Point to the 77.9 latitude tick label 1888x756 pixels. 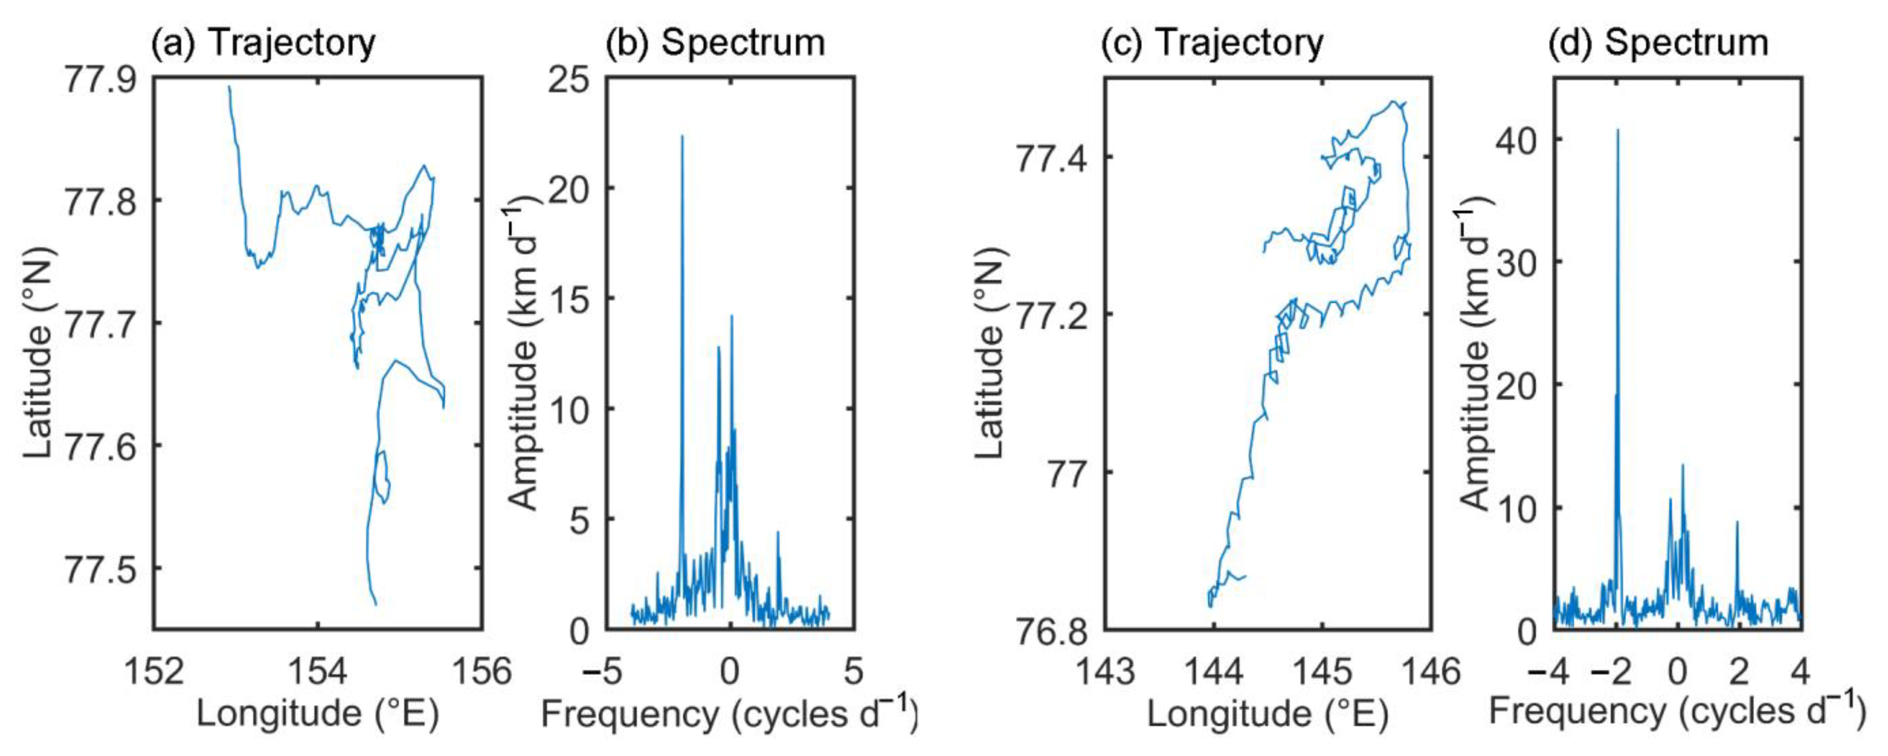101,79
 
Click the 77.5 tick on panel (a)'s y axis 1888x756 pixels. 101,569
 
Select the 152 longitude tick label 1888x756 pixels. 154,670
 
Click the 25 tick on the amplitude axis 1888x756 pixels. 569,79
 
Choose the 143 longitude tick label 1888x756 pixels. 1104,670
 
